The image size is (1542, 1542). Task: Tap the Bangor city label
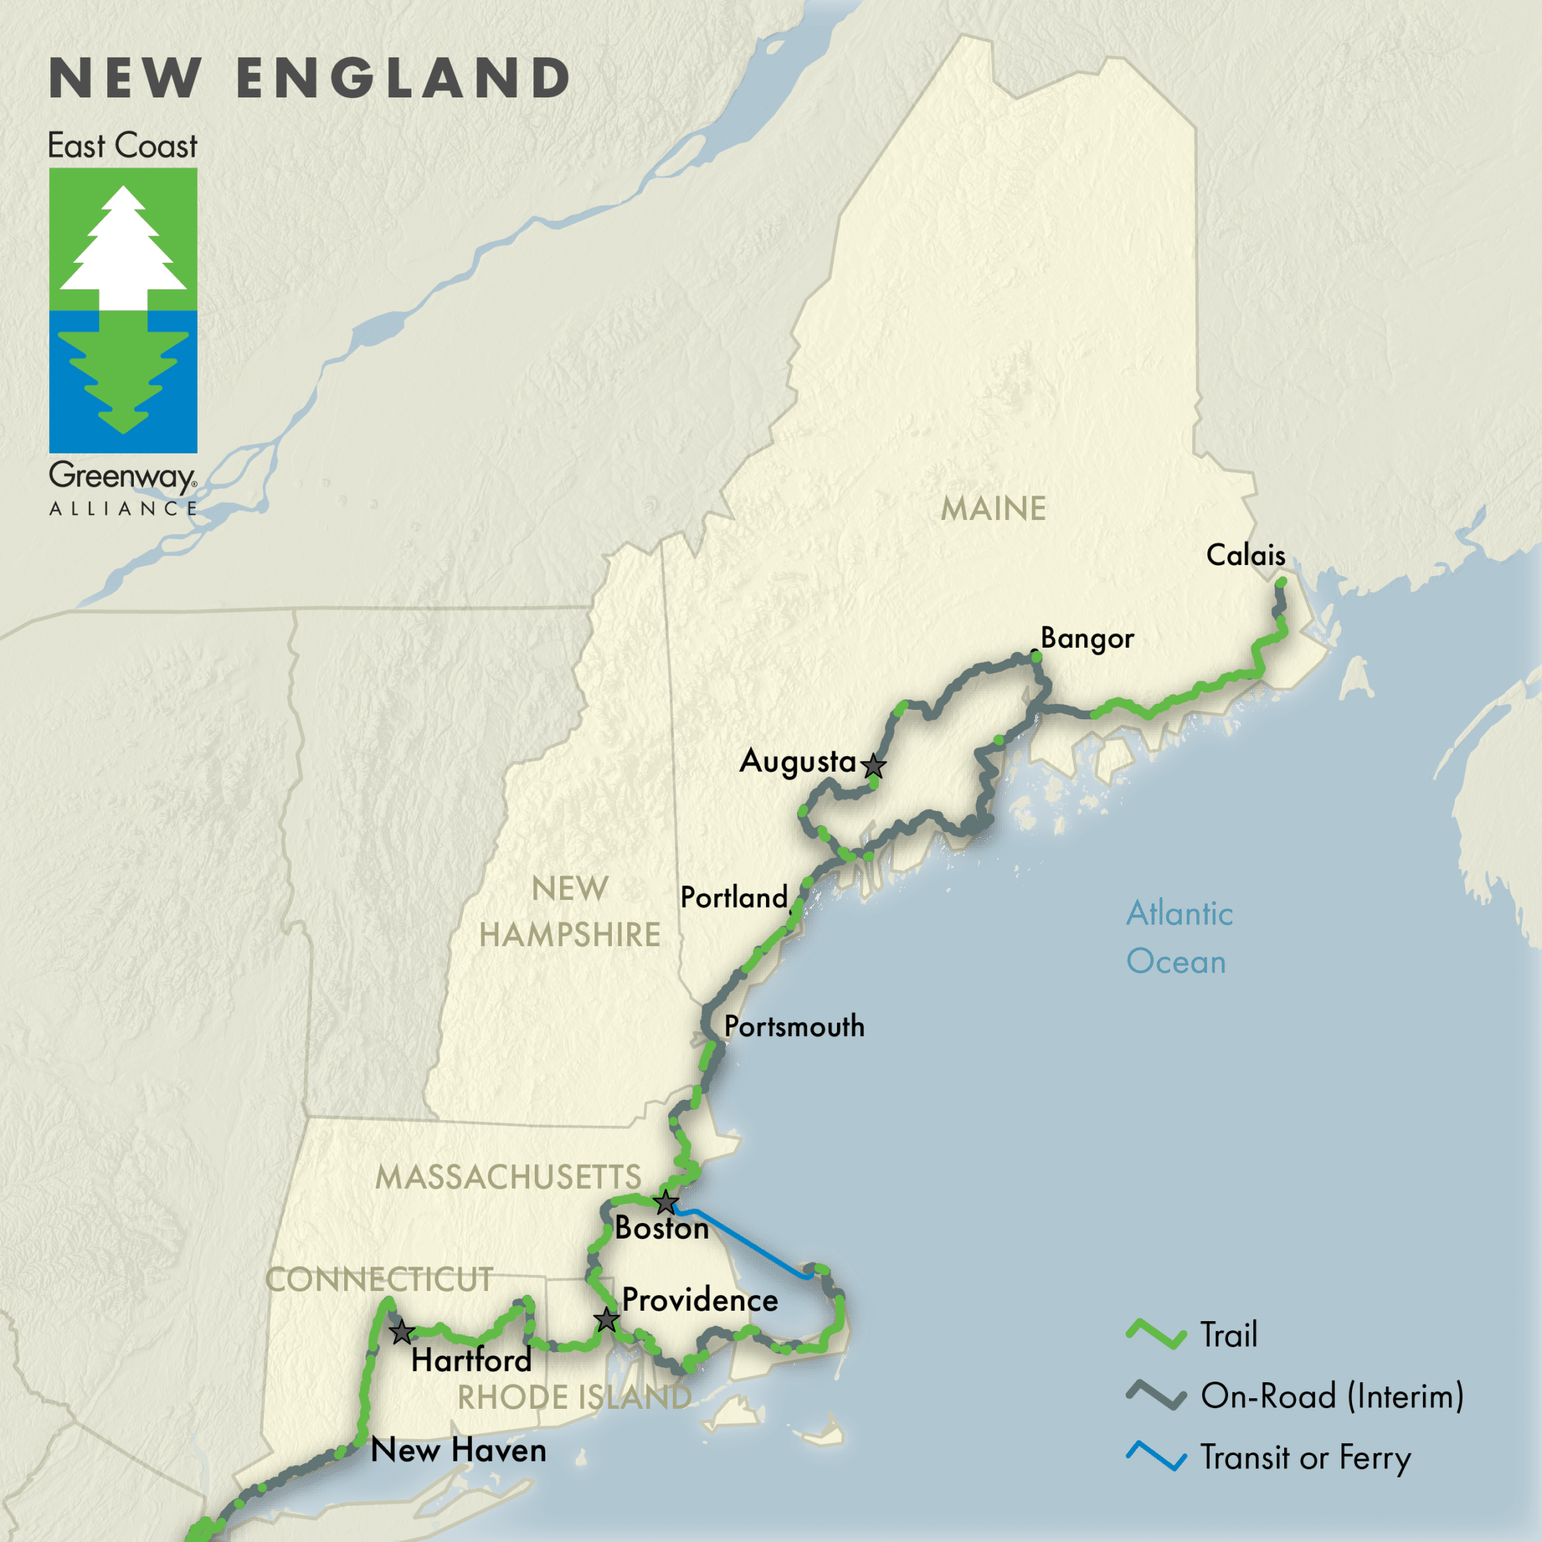[x=1087, y=639]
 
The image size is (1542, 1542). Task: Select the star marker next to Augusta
[x=874, y=765]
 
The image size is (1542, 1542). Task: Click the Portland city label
[x=733, y=897]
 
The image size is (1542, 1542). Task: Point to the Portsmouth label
[x=794, y=1026]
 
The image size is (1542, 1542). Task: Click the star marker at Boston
[x=666, y=1202]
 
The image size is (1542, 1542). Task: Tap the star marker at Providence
[x=606, y=1320]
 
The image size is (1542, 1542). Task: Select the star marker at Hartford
[x=402, y=1332]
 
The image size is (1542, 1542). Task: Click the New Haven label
[x=459, y=1450]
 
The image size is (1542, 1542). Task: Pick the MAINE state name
[x=993, y=508]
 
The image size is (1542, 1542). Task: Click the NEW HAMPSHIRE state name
[x=570, y=911]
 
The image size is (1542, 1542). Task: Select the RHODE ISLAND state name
[x=574, y=1398]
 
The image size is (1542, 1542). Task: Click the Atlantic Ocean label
[x=1179, y=937]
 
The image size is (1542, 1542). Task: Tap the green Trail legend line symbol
[x=1156, y=1335]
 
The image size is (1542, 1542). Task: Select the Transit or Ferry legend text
[x=1306, y=1457]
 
